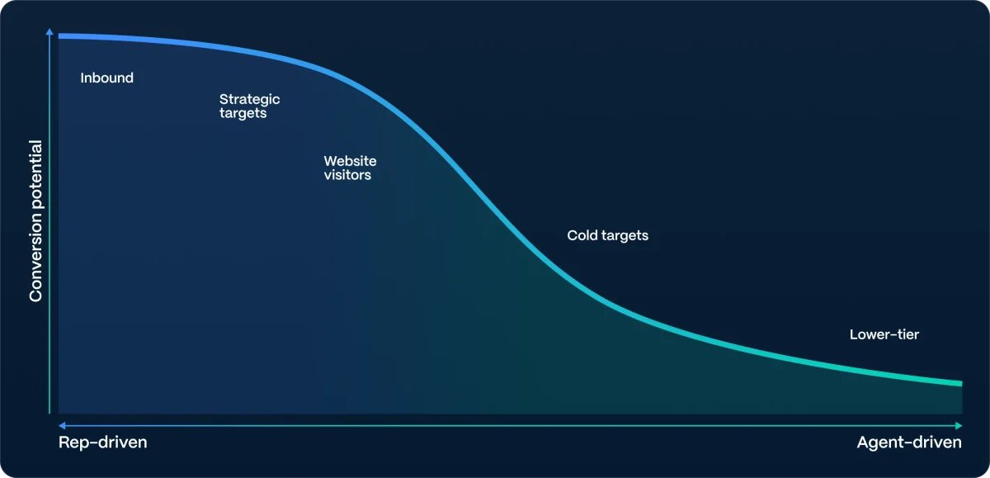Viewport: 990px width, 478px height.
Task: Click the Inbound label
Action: [x=106, y=78]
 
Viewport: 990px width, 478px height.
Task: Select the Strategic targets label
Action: [x=249, y=106]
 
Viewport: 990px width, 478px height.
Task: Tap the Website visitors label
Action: [x=350, y=168]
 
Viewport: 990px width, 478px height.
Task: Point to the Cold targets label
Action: [x=607, y=235]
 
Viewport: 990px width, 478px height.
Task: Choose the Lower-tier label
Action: [x=884, y=334]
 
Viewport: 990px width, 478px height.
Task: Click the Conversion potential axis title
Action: [x=36, y=221]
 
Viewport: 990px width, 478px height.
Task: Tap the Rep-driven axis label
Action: [x=102, y=443]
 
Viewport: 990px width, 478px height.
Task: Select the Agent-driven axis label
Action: [x=909, y=443]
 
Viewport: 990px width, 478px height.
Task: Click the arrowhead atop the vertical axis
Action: [x=50, y=33]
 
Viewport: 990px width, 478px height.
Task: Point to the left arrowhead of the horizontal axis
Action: [x=62, y=425]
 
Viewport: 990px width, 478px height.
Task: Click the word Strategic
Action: [x=249, y=99]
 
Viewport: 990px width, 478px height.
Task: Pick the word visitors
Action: [x=347, y=175]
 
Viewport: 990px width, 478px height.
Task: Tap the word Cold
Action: [x=582, y=235]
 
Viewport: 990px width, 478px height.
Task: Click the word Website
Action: [x=350, y=161]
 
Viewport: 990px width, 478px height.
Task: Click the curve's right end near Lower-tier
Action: [x=960, y=383]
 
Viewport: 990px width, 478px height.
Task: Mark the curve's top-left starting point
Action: [x=60, y=36]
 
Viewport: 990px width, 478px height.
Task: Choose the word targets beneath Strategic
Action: [x=243, y=113]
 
